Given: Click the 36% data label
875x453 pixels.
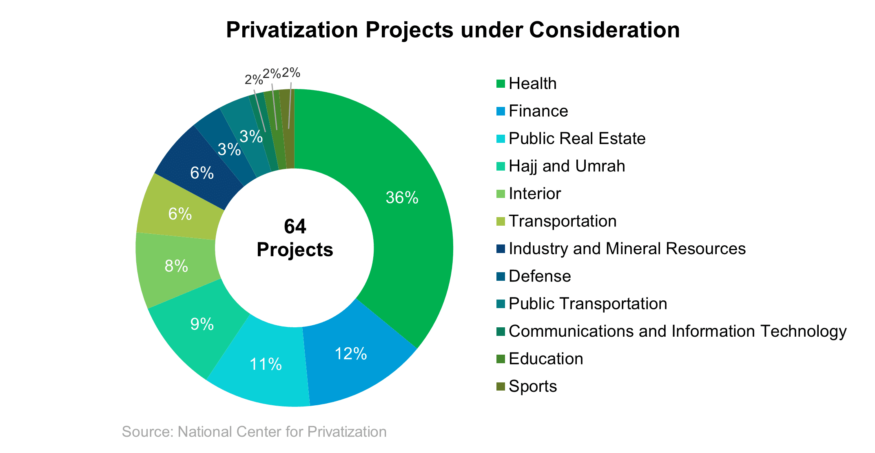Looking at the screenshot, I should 402,198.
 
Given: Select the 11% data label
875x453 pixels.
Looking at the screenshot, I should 266,364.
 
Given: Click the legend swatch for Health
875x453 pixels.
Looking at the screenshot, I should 501,84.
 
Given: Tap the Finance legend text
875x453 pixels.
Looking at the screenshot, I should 538,111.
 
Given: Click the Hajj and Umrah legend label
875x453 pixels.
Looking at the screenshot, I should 567,166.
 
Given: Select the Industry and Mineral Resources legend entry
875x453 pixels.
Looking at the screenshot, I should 627,249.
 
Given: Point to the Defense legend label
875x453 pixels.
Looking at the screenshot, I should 540,276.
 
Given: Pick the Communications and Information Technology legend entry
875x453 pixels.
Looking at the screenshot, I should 677,331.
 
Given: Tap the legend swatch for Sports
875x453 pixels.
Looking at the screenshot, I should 501,386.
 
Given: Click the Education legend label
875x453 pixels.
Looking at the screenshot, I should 546,359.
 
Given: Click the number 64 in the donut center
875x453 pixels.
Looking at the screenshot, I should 295,226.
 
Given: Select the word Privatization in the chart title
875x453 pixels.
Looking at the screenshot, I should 292,30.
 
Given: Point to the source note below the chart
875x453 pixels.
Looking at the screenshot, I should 254,432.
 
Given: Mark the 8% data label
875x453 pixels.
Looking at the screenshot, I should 176,266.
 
